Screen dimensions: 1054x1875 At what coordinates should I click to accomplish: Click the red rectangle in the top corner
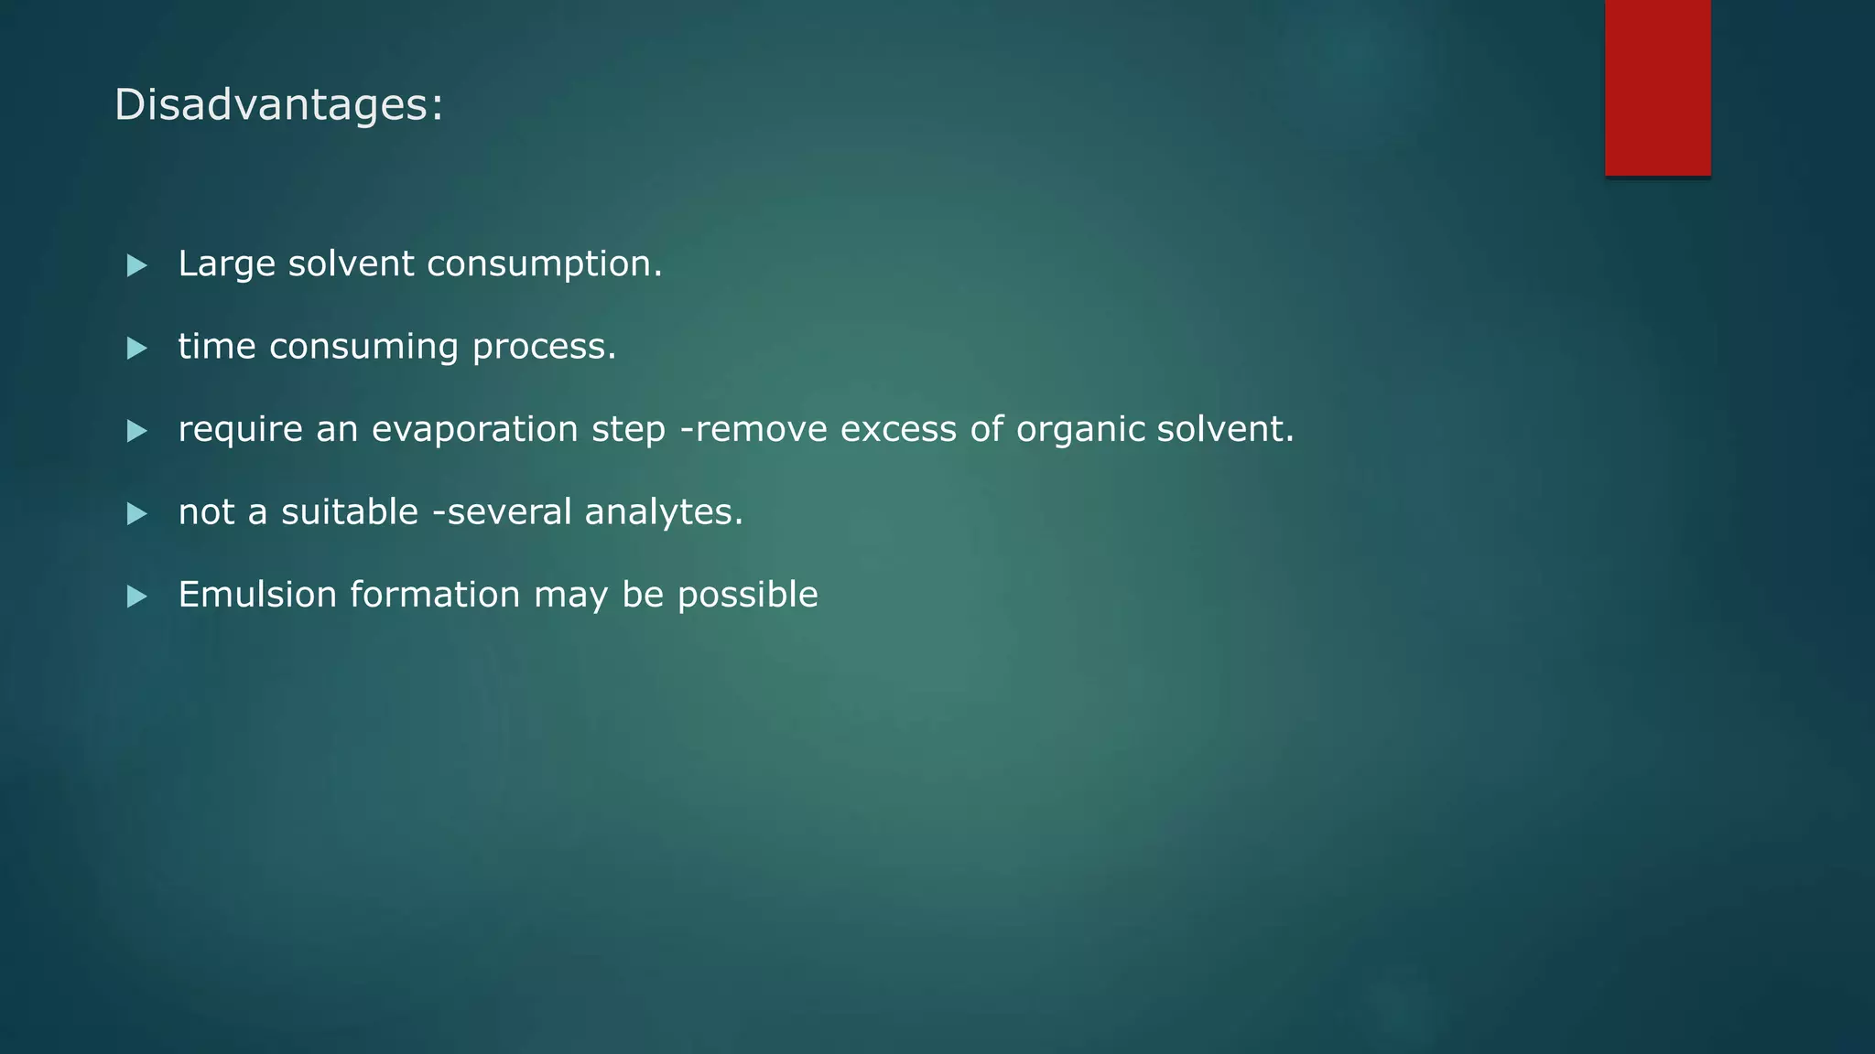pyautogui.click(x=1657, y=87)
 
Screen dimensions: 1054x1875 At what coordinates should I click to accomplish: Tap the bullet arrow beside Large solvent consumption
pyautogui.click(x=137, y=265)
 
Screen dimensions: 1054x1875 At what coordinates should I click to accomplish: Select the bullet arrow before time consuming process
pyautogui.click(x=137, y=348)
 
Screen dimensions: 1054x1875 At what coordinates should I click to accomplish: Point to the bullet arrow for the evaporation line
pyautogui.click(x=137, y=431)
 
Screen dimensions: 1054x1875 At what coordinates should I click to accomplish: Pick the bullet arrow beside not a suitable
pyautogui.click(x=137, y=513)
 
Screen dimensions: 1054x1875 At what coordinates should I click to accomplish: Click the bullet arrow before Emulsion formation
pyautogui.click(x=137, y=597)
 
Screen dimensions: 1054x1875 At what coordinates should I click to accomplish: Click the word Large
pyautogui.click(x=226, y=264)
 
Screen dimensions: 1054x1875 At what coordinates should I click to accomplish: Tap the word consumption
pyautogui.click(x=544, y=264)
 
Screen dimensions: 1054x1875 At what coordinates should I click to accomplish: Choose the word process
pyautogui.click(x=544, y=348)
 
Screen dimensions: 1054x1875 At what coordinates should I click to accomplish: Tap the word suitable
pyautogui.click(x=349, y=512)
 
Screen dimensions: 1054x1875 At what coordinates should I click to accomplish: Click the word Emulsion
pyautogui.click(x=257, y=595)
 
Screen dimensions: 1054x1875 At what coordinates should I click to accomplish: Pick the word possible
pyautogui.click(x=747, y=596)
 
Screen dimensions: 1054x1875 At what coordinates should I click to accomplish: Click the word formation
pyautogui.click(x=435, y=595)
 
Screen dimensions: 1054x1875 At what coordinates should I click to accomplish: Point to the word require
pyautogui.click(x=240, y=430)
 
